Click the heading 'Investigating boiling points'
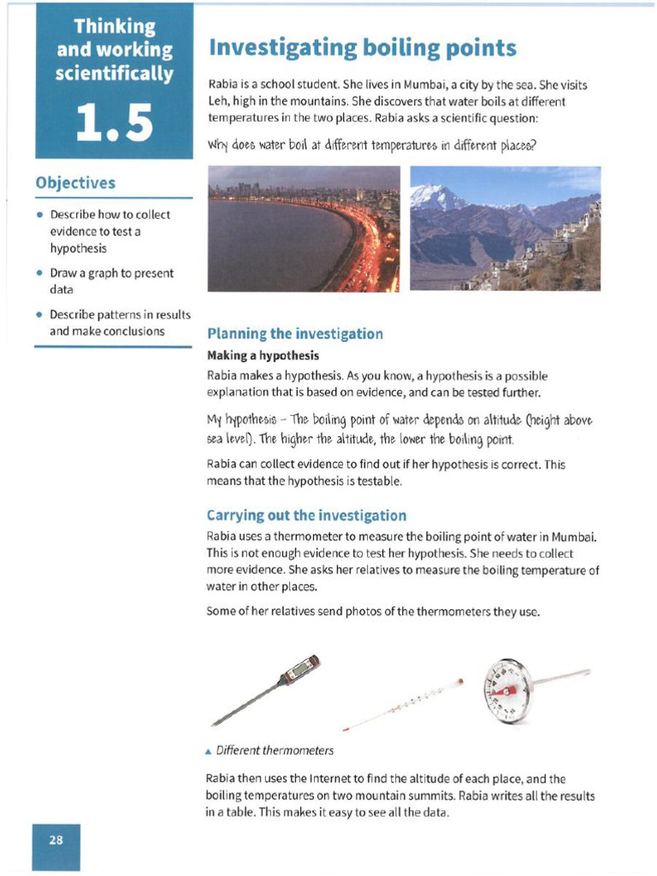pyautogui.click(x=362, y=47)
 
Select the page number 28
pyautogui.click(x=56, y=840)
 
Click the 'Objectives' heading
pyautogui.click(x=75, y=183)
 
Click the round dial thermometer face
pyautogui.click(x=506, y=690)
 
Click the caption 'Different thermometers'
pyautogui.click(x=274, y=750)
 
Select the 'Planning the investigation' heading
pyautogui.click(x=295, y=334)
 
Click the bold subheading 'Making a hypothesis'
pyautogui.click(x=263, y=355)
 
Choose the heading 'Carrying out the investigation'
pyautogui.click(x=306, y=515)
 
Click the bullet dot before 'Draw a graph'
pyautogui.click(x=40, y=274)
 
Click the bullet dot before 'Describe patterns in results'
pyautogui.click(x=40, y=314)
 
